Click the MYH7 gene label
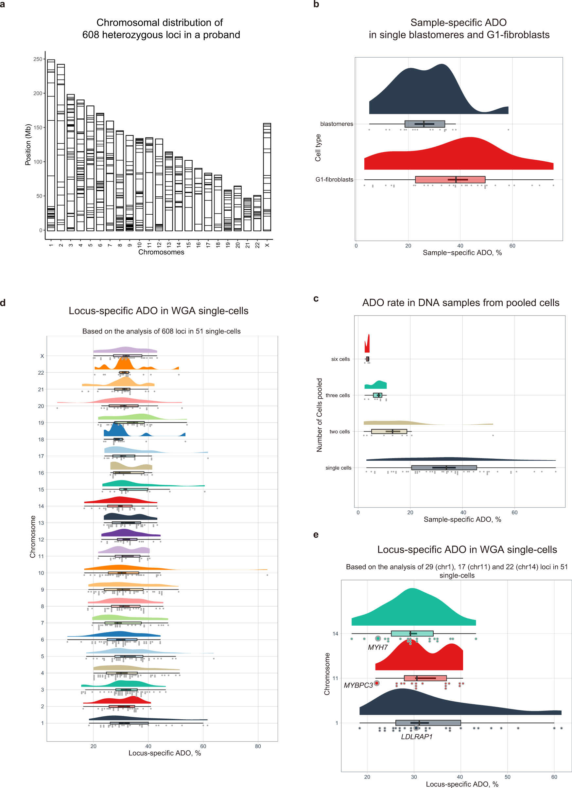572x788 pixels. [x=377, y=647]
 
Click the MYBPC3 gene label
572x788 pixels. [x=358, y=685]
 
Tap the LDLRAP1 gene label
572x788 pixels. [x=416, y=737]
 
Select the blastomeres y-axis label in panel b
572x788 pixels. [x=336, y=124]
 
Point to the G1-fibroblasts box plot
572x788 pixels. [x=450, y=180]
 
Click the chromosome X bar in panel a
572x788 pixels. [x=267, y=177]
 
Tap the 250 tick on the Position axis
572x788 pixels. [x=38, y=59]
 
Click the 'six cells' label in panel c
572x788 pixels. [x=340, y=359]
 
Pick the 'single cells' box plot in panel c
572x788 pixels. [x=443, y=468]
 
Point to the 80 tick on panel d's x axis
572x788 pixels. [x=258, y=746]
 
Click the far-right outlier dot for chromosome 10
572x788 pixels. [x=267, y=575]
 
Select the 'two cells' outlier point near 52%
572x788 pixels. [x=493, y=435]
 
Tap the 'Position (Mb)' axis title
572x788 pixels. [x=28, y=145]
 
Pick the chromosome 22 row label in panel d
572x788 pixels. [x=41, y=372]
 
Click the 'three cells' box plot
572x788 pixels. [x=377, y=395]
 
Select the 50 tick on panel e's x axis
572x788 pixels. [x=507, y=777]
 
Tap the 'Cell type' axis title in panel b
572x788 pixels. [x=318, y=148]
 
